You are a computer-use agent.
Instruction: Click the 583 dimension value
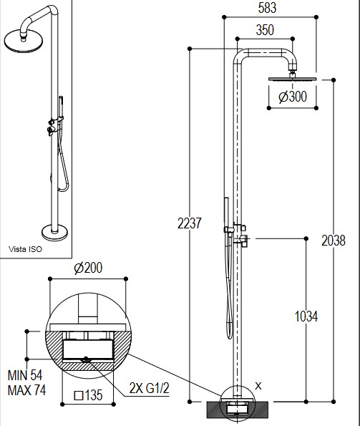tap(267, 8)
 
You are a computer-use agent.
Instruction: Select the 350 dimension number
tap(265, 30)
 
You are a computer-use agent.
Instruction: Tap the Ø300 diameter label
tap(293, 97)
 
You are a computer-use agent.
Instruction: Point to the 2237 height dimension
tap(190, 223)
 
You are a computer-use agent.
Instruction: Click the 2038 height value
tap(334, 241)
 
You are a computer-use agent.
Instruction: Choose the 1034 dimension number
tap(306, 316)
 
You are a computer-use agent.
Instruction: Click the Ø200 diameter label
tap(88, 268)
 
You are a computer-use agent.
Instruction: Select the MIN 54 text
tap(25, 375)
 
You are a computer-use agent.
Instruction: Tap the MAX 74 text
tap(26, 390)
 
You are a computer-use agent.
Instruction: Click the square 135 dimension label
tap(88, 395)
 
